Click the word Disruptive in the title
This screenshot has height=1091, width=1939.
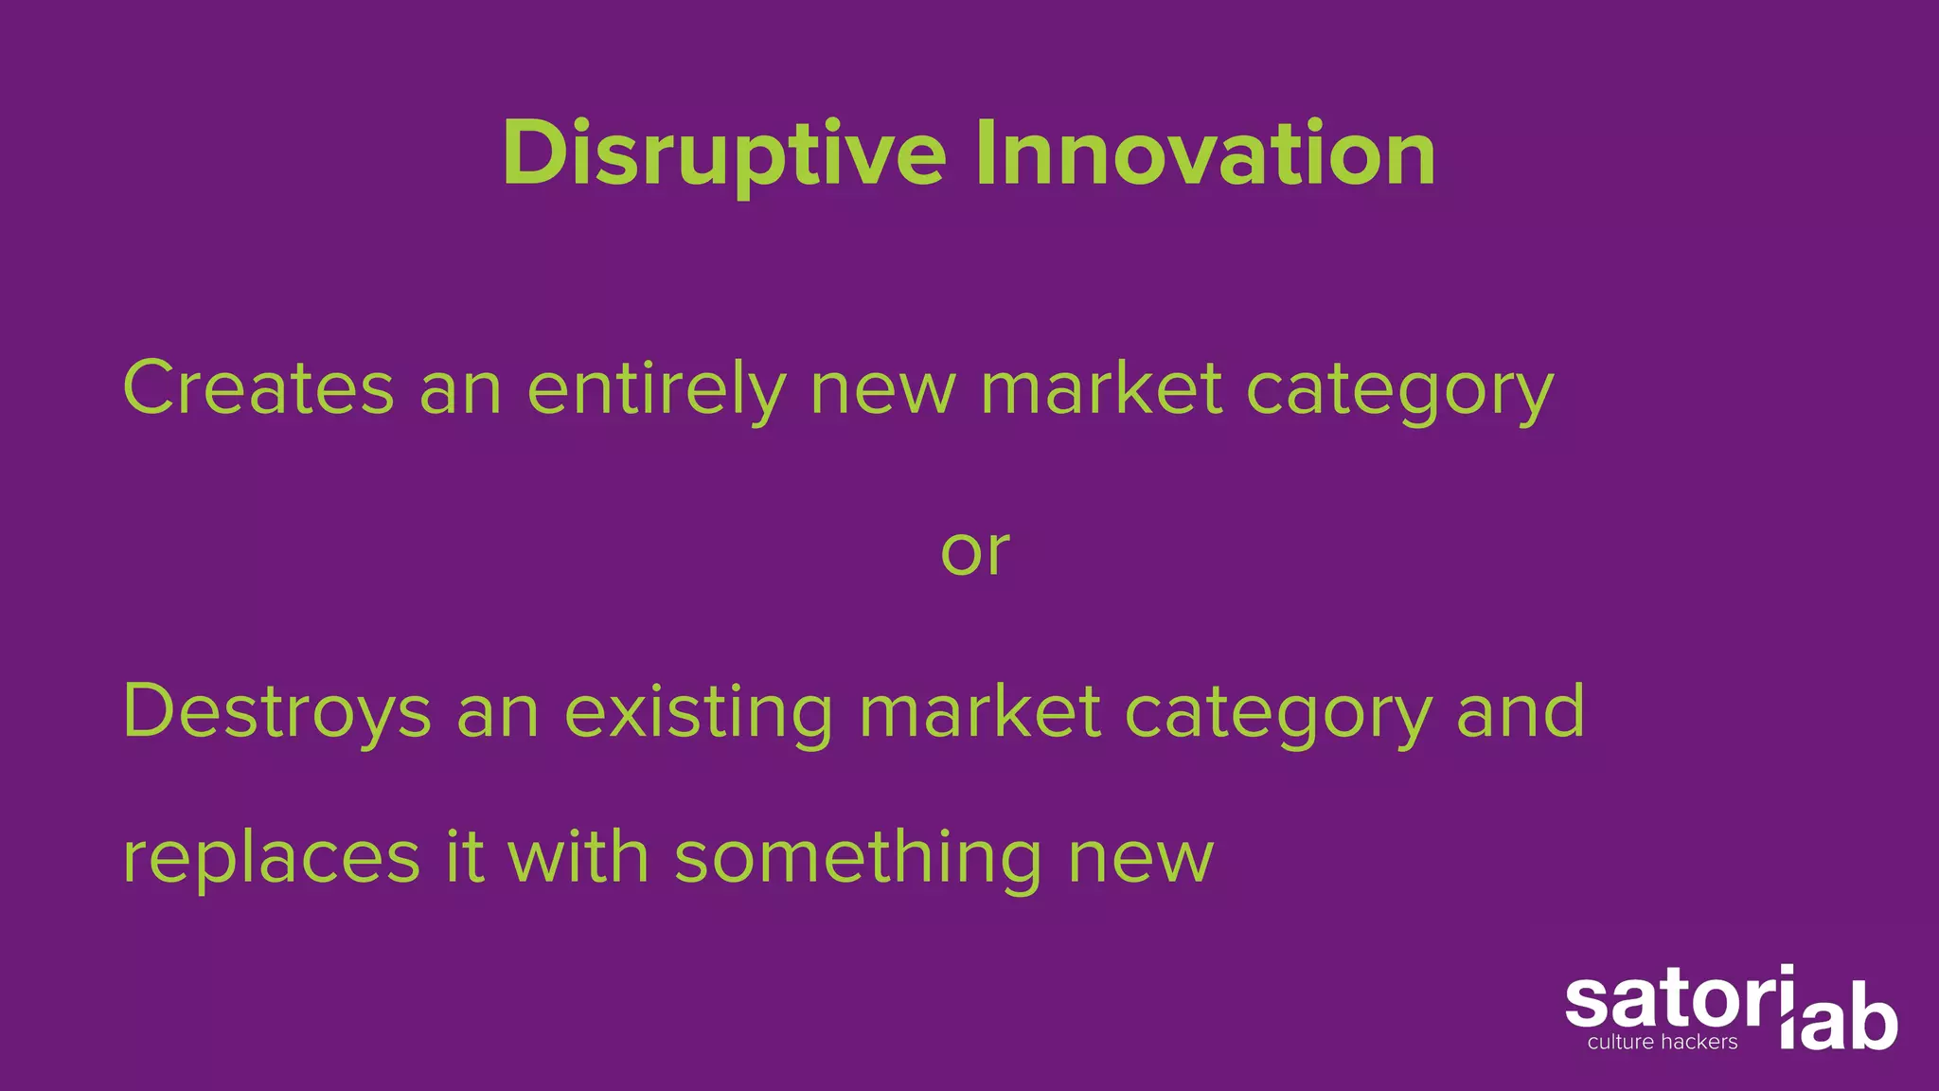[723, 153]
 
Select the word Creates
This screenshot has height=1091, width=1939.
[258, 388]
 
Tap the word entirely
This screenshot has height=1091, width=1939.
[656, 388]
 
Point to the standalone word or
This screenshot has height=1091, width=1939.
[974, 551]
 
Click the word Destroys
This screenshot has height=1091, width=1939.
[276, 712]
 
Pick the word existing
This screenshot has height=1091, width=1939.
[699, 712]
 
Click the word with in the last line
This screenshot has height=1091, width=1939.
[578, 858]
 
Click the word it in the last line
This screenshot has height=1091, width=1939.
[465, 858]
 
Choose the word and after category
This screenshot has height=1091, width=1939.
[1521, 712]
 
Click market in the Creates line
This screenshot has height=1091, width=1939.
[1101, 388]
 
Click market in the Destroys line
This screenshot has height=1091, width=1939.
[980, 712]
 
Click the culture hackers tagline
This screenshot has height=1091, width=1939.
[1663, 1043]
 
